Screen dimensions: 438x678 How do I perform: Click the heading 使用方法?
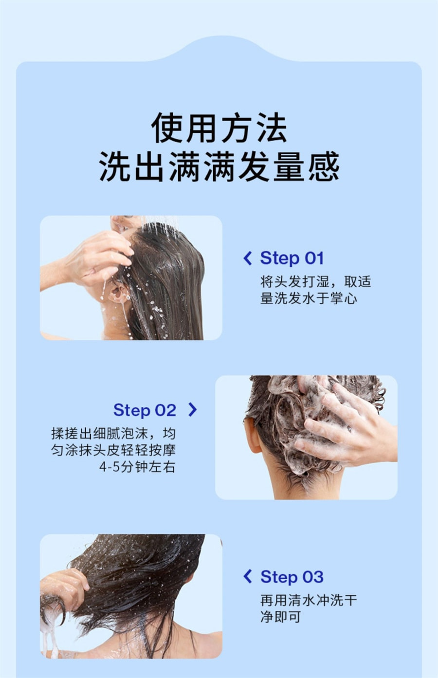coord(219,128)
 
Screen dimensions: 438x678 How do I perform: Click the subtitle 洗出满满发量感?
coord(219,166)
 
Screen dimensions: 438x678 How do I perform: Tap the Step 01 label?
coord(292,258)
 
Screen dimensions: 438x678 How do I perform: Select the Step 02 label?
coord(145,410)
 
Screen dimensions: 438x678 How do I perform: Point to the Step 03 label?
coord(292,577)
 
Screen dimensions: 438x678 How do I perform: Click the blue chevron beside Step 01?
coord(248,258)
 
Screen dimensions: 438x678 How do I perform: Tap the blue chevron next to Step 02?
coord(193,409)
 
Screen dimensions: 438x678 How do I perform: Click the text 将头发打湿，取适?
coord(315,282)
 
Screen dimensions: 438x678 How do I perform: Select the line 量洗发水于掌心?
coord(309,298)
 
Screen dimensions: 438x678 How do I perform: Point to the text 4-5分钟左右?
coord(137,467)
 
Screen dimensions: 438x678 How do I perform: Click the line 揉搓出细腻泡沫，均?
coord(113,434)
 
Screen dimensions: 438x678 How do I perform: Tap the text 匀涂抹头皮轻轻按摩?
coord(113,450)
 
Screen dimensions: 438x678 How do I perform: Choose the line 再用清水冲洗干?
coord(309,600)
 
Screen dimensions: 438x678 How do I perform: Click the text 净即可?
coord(281,617)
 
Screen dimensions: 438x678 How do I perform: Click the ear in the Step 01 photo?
coord(119,293)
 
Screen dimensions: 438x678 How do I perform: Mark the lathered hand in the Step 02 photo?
coord(342,424)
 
